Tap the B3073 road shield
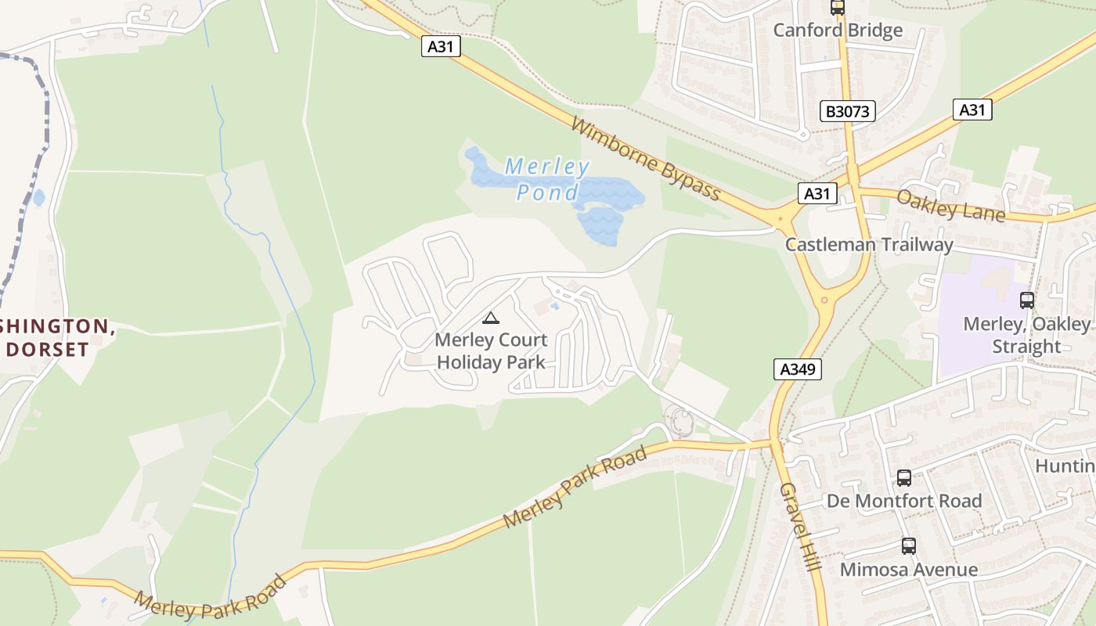848,111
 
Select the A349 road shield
798,369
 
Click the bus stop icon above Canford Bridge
838,8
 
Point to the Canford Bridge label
838,31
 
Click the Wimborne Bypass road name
645,159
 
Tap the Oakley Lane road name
950,205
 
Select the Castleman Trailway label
869,245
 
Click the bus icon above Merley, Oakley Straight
1026,300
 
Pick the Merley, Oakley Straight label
1026,335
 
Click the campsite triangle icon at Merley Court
490,318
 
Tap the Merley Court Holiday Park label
491,351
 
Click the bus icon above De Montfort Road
903,477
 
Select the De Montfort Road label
904,501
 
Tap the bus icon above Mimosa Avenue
908,546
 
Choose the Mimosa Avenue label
908,570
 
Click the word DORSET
47,349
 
